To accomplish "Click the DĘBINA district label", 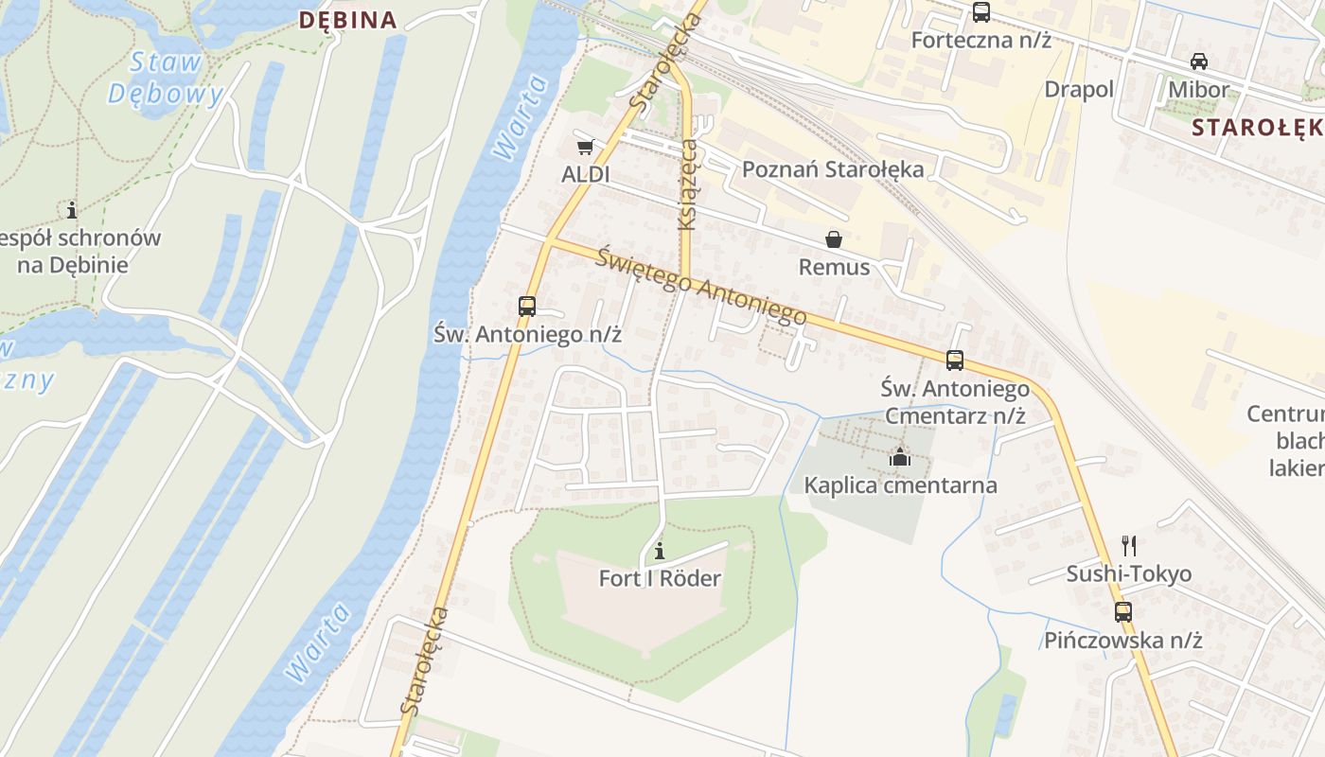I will (347, 20).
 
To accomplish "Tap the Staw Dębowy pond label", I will (167, 78).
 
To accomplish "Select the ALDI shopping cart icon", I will (585, 147).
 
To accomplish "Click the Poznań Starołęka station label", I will (833, 169).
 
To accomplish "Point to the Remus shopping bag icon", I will (834, 239).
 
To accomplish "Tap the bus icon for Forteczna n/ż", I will (981, 12).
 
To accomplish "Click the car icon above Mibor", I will (1198, 62).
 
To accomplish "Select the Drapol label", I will (1079, 89).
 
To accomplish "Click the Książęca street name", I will (688, 185).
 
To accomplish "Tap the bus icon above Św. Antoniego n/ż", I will (527, 307).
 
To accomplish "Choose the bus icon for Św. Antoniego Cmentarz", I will (955, 361).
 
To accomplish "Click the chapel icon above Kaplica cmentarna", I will (900, 458).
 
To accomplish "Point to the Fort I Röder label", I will (660, 578).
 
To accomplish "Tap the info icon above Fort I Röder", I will (660, 551).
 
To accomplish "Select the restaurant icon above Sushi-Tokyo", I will (1128, 545).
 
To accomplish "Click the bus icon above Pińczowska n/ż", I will (1123, 611).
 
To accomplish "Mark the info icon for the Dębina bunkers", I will (71, 209).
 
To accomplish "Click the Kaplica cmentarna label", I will (900, 485).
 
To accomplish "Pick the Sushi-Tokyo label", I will (1128, 573).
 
